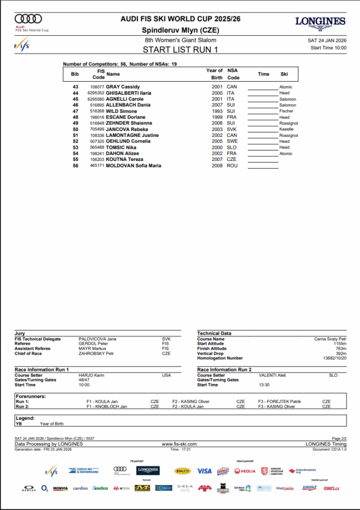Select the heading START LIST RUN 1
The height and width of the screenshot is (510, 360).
pos(180,49)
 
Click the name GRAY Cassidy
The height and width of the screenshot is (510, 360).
pos(123,87)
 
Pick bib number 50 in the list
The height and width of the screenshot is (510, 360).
pos(76,129)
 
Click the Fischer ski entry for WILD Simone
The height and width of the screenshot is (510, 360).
pos(286,111)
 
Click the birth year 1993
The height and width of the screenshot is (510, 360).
pos(217,111)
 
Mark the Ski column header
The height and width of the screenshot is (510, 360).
pos(284,74)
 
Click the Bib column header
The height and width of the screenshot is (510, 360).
pos(75,74)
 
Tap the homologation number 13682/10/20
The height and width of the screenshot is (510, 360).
pos(334,358)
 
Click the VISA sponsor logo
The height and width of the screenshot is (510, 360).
pos(204,471)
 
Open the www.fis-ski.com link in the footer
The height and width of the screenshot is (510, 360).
pos(179,444)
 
